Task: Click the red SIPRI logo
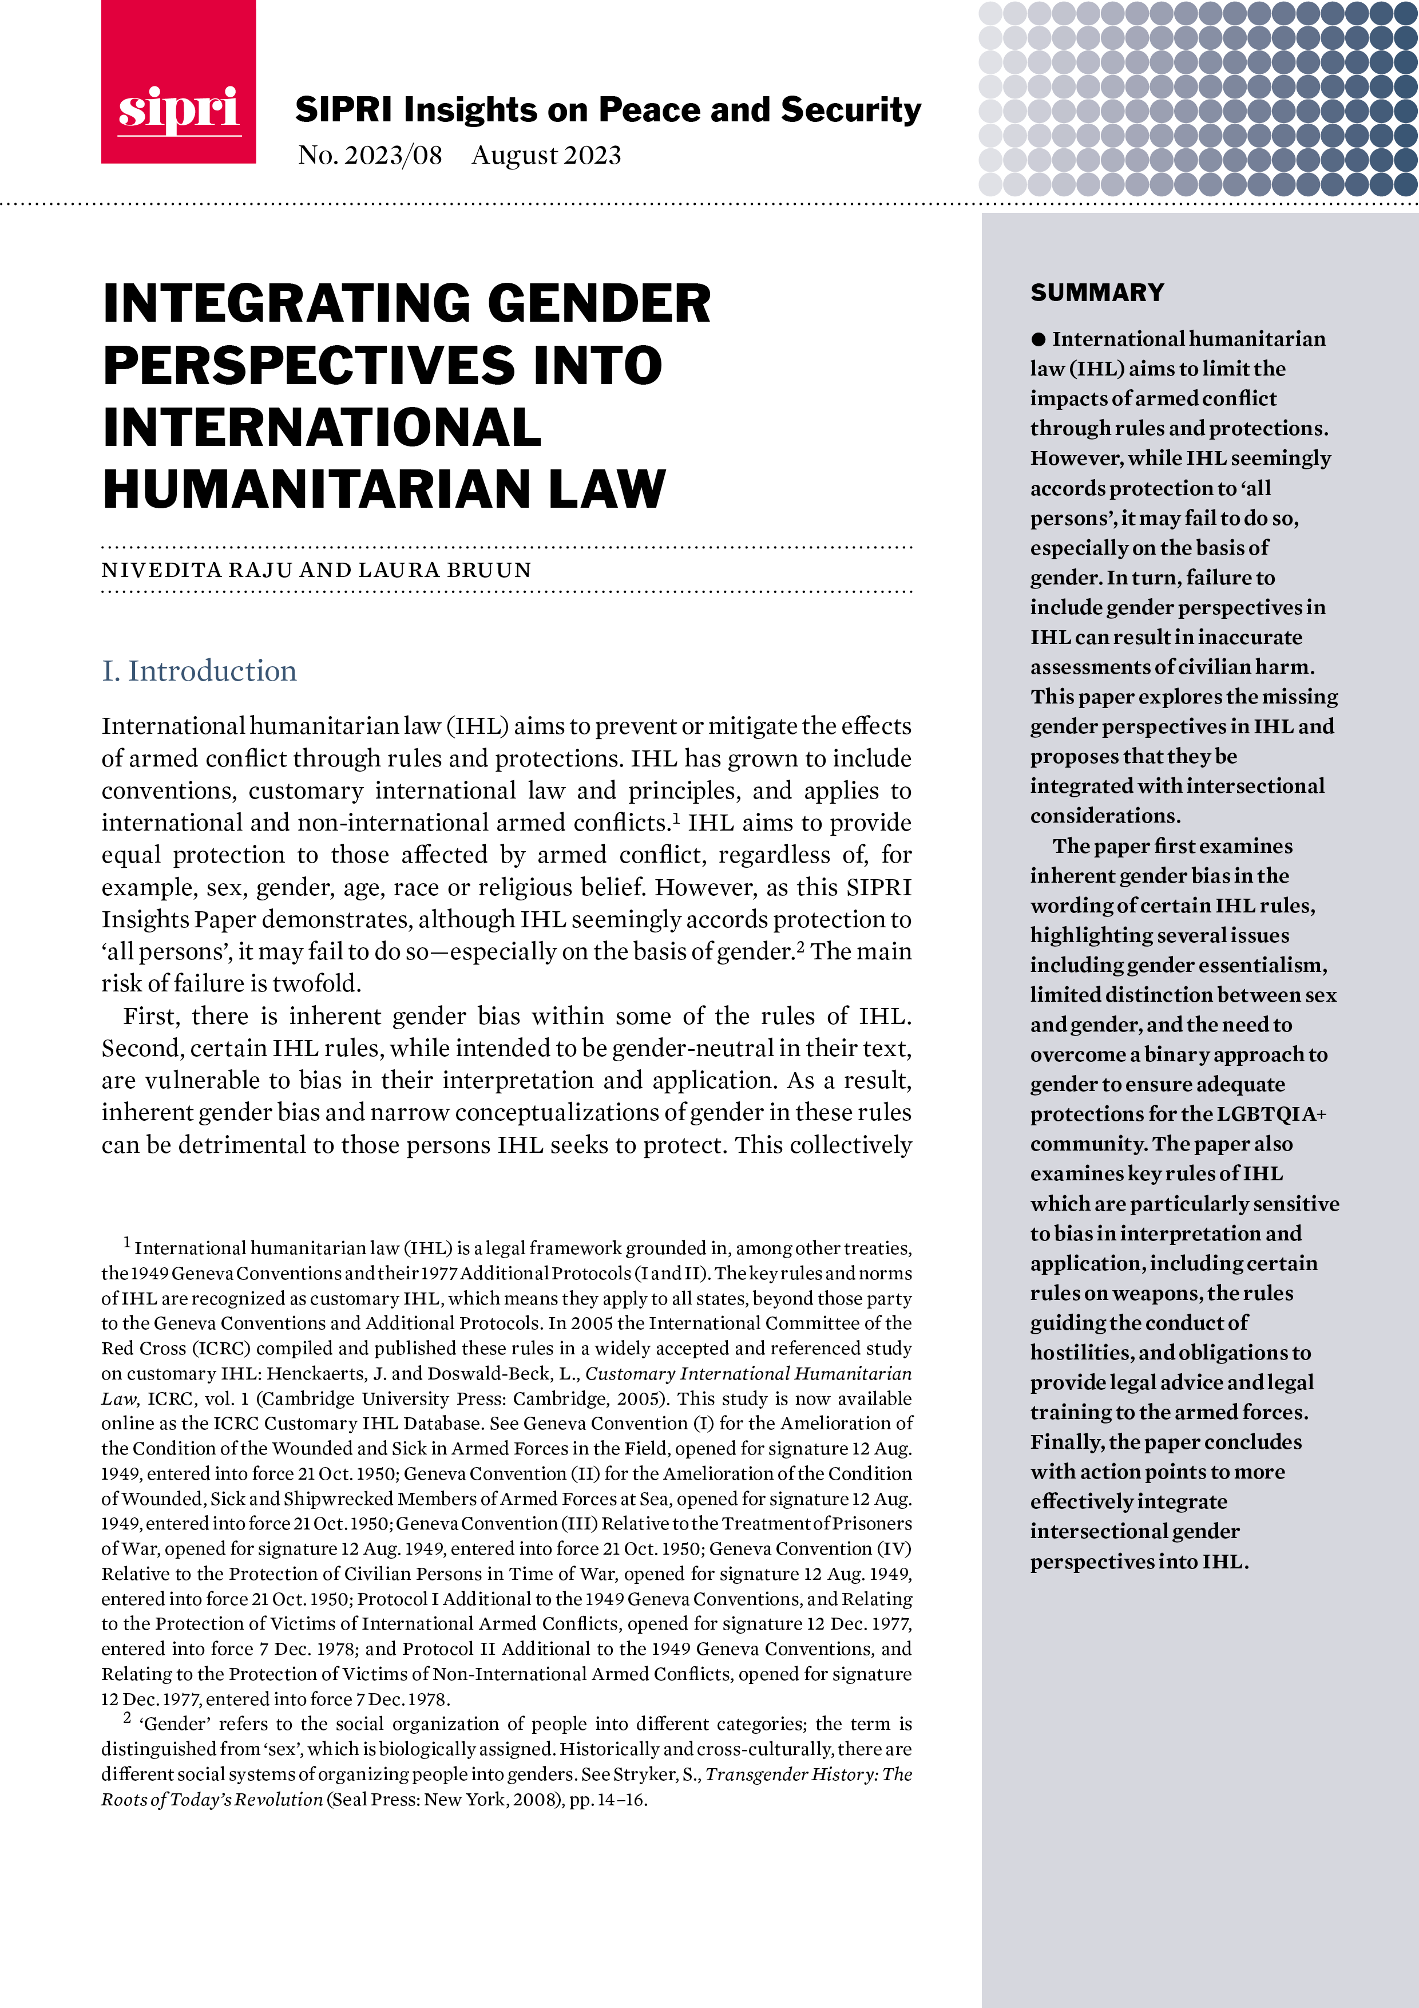pos(179,82)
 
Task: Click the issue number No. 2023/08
pos(370,156)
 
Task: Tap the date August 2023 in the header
pos(546,156)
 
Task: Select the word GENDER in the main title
pos(599,303)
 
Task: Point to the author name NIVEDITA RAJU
pos(197,570)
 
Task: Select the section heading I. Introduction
pos(199,671)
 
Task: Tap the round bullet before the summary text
pos(1038,339)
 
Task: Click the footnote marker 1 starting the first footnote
pos(127,1242)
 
